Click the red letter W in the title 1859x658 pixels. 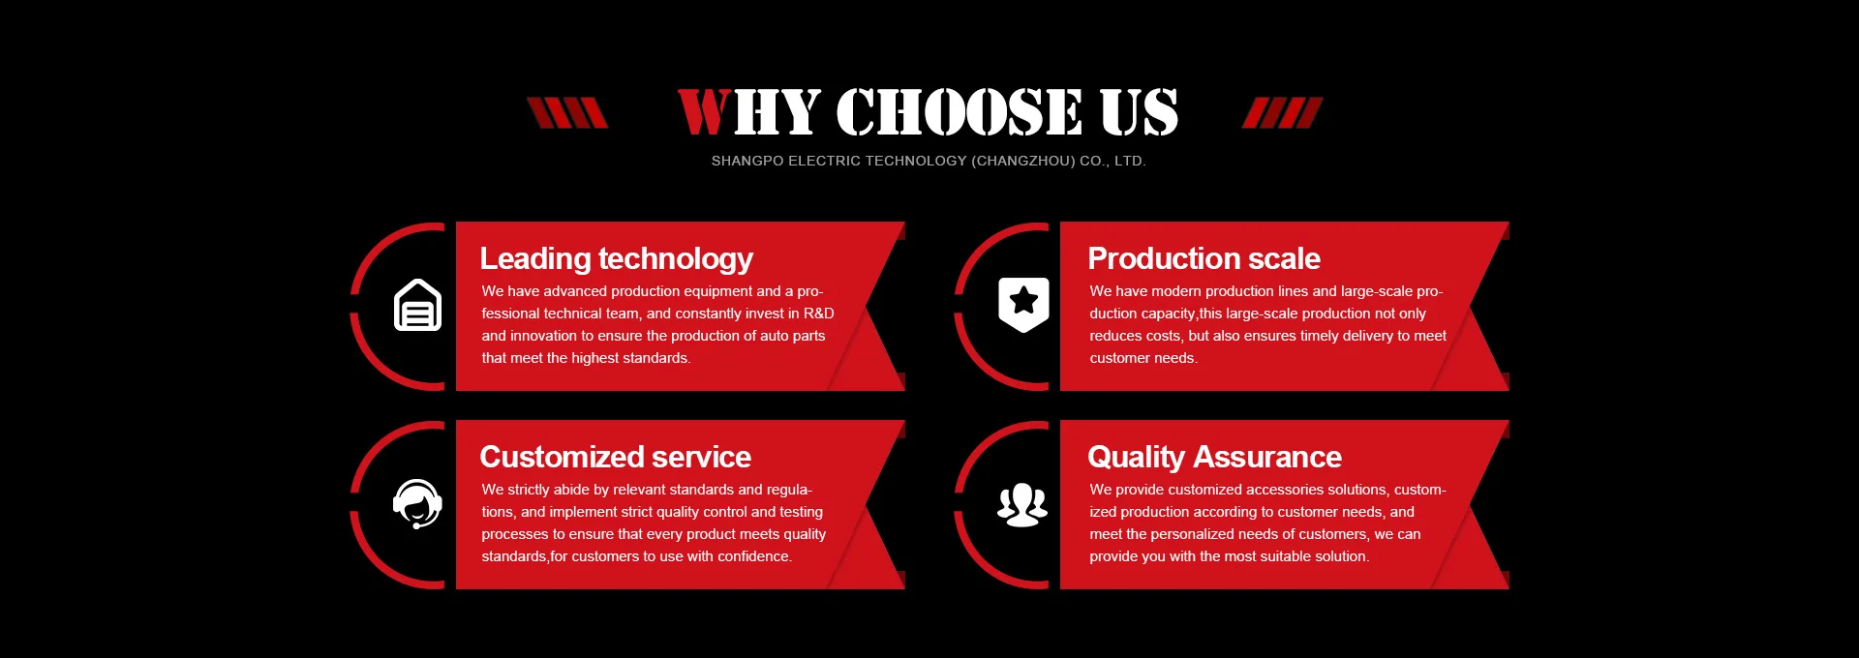pyautogui.click(x=704, y=112)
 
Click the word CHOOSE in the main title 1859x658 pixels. pyautogui.click(x=960, y=112)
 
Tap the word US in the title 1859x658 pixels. pyautogui.click(x=1140, y=112)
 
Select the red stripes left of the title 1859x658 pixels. pyautogui.click(x=567, y=112)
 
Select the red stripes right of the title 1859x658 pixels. pyautogui.click(x=1282, y=112)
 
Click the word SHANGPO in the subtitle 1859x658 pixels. pyautogui.click(x=747, y=161)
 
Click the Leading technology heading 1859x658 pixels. pyautogui.click(x=616, y=259)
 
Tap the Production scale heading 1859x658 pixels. pyautogui.click(x=1204, y=259)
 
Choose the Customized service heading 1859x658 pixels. pyautogui.click(x=615, y=457)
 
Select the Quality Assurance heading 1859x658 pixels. pyautogui.click(x=1214, y=458)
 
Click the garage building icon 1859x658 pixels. pyautogui.click(x=417, y=305)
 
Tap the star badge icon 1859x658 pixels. pyautogui.click(x=1023, y=304)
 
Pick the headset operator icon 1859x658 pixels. pyautogui.click(x=417, y=503)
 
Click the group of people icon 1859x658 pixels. pyautogui.click(x=1022, y=504)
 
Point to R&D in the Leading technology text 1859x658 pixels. pyautogui.click(x=818, y=314)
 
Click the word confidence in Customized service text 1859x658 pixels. pyautogui.click(x=754, y=556)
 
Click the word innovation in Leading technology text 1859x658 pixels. pyautogui.click(x=543, y=336)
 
